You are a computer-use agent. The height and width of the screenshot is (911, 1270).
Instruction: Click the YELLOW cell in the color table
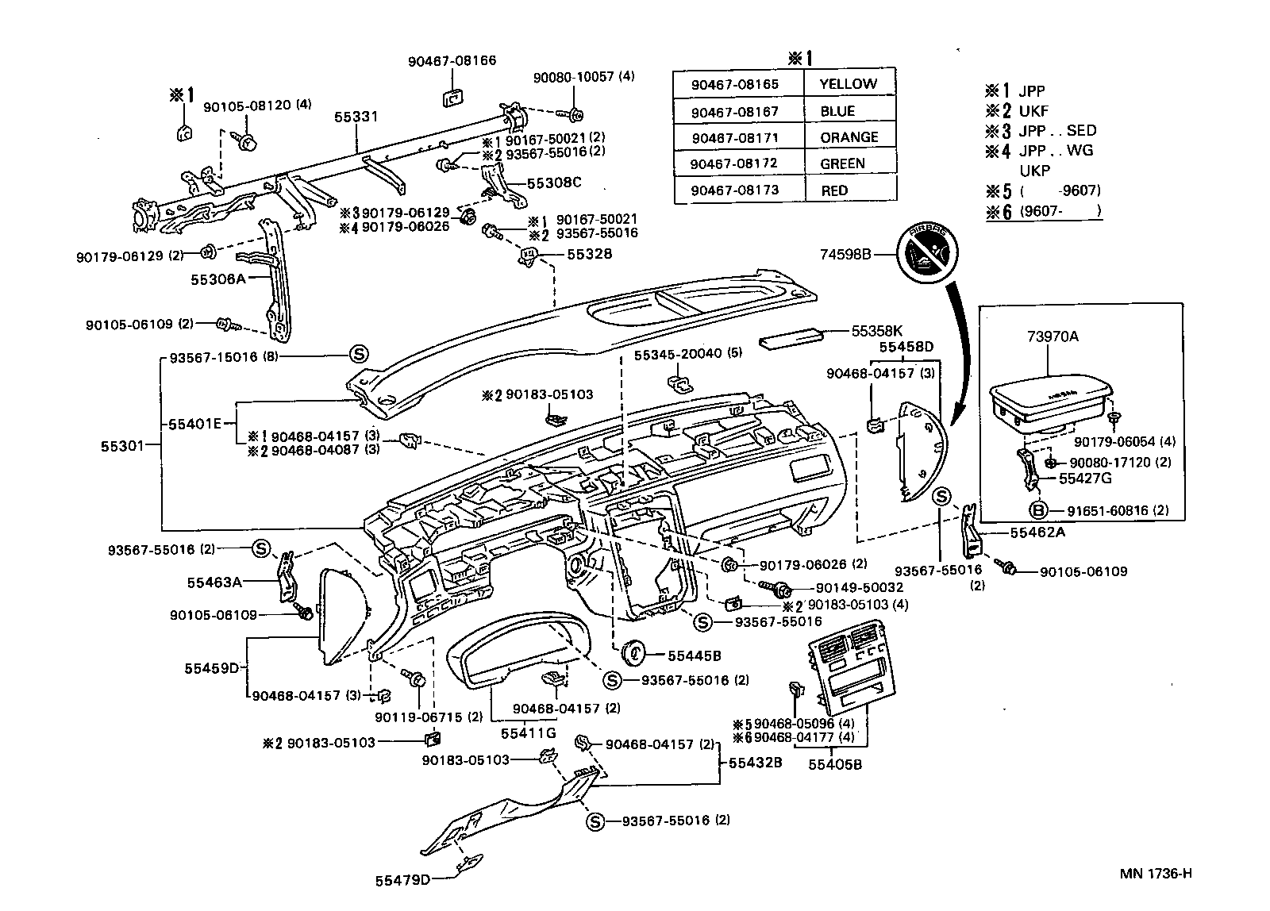848,84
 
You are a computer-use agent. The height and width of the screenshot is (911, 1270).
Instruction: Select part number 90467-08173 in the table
734,190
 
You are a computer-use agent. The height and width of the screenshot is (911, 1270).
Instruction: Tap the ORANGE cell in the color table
849,137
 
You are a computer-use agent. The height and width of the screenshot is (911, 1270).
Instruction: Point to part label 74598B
845,255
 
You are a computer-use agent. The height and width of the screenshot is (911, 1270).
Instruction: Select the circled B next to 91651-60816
1037,511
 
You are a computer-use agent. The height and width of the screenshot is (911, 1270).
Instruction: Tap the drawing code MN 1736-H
1155,874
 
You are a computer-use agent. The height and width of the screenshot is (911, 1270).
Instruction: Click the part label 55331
355,117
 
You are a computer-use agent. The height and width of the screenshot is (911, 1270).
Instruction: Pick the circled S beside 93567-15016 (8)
359,355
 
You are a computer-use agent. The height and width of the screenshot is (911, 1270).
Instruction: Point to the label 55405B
834,764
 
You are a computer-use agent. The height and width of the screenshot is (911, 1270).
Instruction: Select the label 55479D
402,879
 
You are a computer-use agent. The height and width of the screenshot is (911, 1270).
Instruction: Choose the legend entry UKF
1034,111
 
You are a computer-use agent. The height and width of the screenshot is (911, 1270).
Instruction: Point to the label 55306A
218,279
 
